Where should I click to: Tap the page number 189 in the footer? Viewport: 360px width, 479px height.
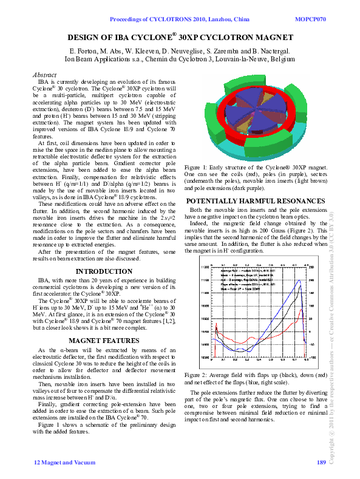click(321, 464)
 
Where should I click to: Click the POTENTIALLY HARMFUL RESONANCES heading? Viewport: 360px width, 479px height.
click(255, 201)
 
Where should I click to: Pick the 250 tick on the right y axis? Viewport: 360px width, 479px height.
click(311, 267)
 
